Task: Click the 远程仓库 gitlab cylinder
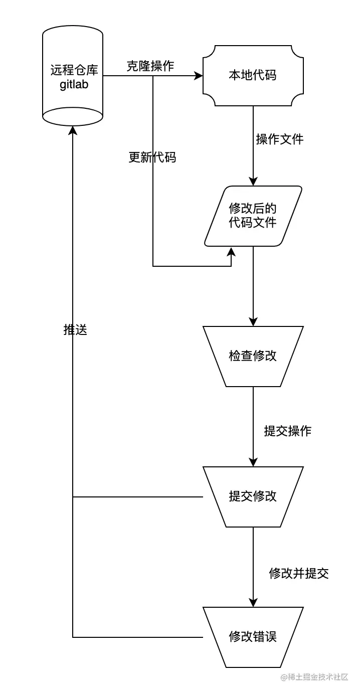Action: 73,75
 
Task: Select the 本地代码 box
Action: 253,76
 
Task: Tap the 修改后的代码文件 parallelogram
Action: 253,216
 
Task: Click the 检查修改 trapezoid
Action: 253,356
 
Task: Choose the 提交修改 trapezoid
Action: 253,496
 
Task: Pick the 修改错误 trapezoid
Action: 253,637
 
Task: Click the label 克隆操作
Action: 150,66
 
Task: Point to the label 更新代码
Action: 152,157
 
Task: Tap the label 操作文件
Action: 280,139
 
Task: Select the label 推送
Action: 75,329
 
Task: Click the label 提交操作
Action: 288,431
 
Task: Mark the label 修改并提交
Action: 299,573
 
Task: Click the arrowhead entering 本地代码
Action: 199,76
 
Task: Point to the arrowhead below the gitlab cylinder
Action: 73,130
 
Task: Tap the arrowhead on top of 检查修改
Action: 253,322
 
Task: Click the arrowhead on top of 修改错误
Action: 253,603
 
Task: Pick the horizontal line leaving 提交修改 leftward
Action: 138,497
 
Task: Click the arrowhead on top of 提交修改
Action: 253,462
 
